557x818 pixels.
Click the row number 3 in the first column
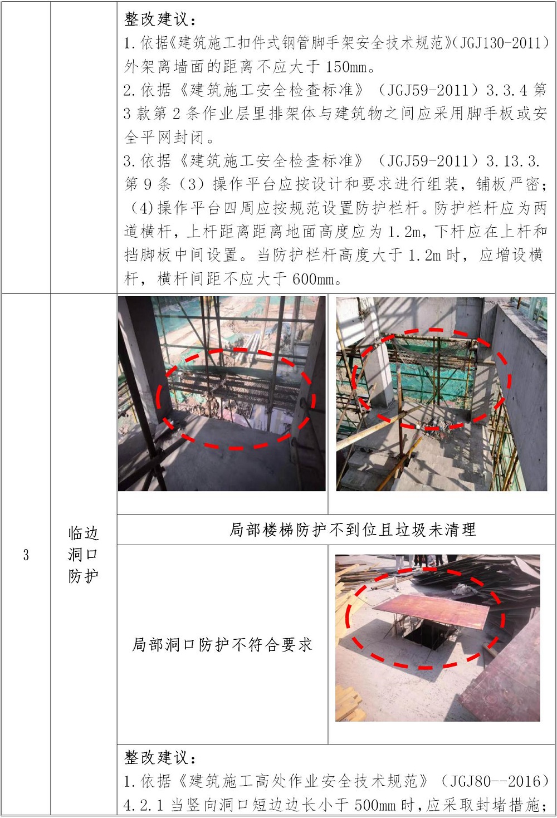click(x=26, y=555)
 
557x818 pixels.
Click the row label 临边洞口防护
click(x=84, y=555)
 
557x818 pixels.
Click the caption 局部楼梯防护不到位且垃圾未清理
click(x=353, y=530)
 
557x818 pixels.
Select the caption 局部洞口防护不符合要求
click(x=222, y=645)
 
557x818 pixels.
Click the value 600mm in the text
click(x=313, y=280)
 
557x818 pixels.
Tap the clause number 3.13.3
click(x=513, y=161)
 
